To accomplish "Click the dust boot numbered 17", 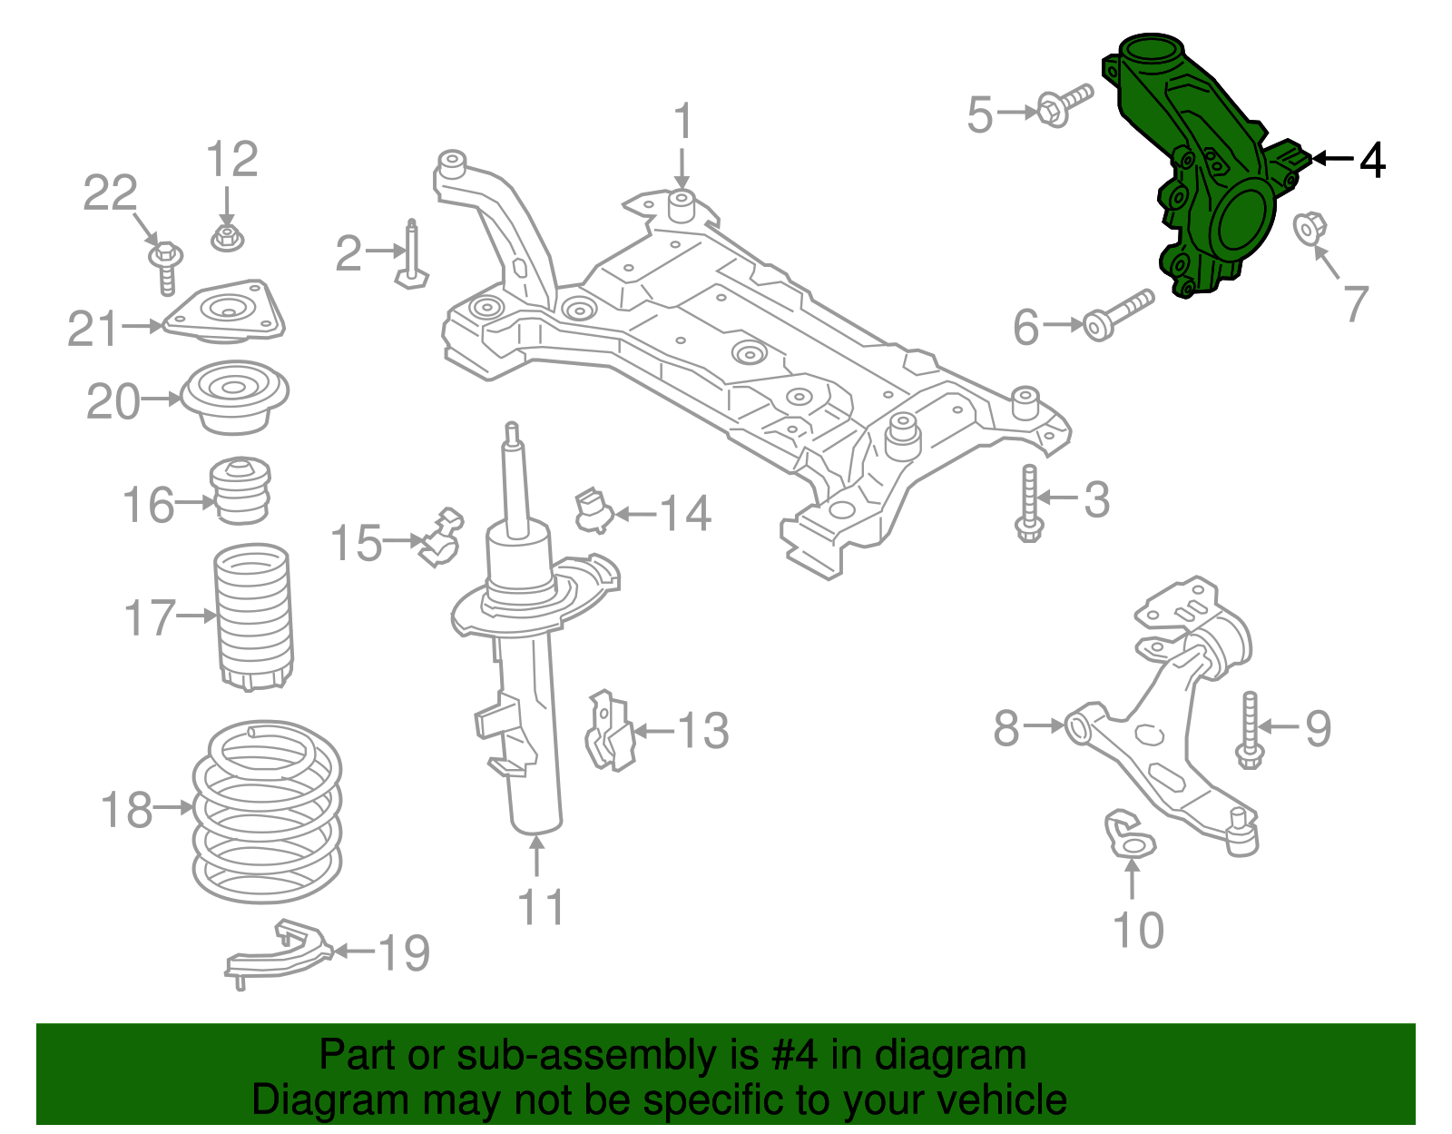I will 254,617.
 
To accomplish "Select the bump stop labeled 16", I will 240,491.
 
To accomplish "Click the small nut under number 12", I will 227,238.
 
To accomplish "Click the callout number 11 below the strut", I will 541,906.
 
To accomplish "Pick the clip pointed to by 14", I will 592,510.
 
